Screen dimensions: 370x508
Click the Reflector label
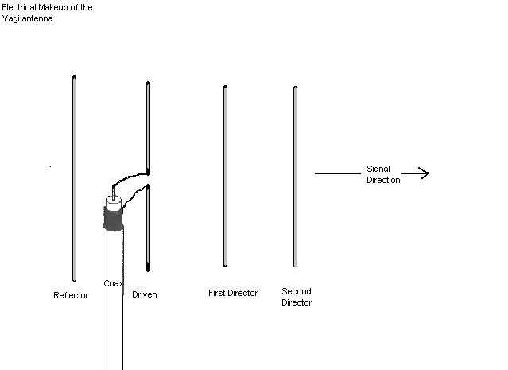tap(71, 295)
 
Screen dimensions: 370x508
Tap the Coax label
tap(112, 283)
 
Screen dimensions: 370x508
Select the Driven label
tap(144, 294)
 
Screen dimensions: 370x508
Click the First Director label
tap(233, 293)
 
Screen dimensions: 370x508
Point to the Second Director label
tap(297, 297)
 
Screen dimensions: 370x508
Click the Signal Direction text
tap(383, 174)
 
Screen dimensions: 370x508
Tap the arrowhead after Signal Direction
tap(425, 173)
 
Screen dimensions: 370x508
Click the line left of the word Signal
tap(338, 173)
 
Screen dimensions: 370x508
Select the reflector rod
tap(75, 179)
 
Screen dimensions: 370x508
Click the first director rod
tap(225, 175)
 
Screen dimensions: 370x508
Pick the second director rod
tap(295, 175)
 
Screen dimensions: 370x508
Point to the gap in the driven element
tap(149, 179)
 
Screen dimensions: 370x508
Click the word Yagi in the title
tap(11, 18)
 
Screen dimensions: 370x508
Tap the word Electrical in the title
tap(17, 7)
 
